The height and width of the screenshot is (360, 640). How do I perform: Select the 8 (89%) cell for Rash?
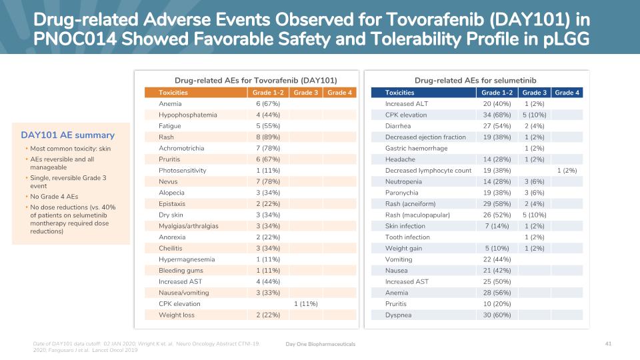(x=268, y=137)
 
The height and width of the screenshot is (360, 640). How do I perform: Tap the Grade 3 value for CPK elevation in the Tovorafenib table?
(x=306, y=304)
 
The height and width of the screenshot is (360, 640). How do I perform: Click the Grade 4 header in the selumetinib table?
(x=567, y=93)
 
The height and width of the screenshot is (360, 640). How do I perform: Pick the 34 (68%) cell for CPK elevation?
(x=497, y=115)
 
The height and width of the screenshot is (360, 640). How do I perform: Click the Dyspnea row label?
(x=397, y=315)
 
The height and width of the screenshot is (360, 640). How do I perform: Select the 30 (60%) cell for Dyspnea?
(x=497, y=315)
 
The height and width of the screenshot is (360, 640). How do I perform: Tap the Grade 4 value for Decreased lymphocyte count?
(x=567, y=171)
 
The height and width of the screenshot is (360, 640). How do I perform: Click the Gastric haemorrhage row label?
(x=416, y=148)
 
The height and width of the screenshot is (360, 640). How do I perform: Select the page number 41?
(x=608, y=343)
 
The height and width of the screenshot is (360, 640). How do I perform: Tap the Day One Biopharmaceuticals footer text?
(x=320, y=343)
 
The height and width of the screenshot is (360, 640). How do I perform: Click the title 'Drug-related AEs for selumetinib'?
(x=475, y=80)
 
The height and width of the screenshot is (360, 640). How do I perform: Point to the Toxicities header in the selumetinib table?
(x=400, y=93)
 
